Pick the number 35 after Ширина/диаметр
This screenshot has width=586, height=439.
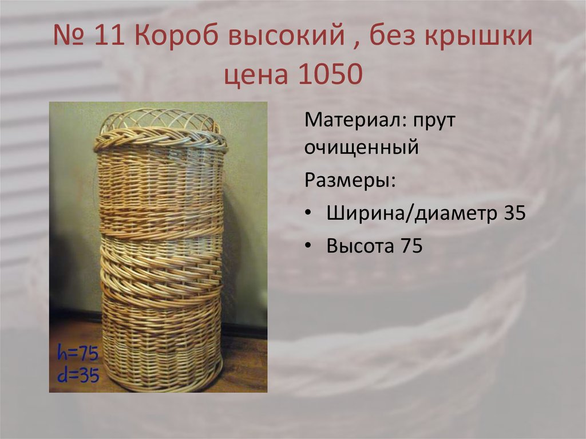click(x=514, y=213)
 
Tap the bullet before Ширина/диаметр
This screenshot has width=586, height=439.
click(x=309, y=213)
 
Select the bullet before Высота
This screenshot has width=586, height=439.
click(x=309, y=246)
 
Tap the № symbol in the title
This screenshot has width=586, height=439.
click(x=68, y=38)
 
